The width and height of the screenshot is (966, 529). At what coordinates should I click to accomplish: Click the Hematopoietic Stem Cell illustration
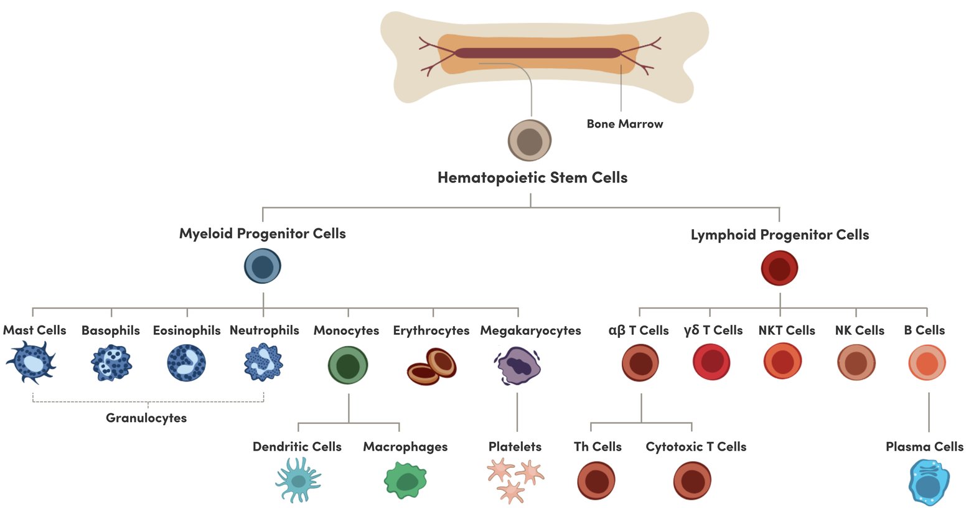(x=530, y=141)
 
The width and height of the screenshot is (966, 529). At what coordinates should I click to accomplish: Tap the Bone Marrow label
(x=624, y=124)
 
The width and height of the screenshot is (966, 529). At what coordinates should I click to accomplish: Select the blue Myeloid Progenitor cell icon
(x=263, y=266)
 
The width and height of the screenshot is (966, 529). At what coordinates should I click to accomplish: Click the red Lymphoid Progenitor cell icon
(x=779, y=268)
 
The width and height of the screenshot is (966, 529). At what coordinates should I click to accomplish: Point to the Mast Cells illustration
(x=31, y=362)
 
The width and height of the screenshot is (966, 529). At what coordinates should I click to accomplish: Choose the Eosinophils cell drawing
(x=187, y=362)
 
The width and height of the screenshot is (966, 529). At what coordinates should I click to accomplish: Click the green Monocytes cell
(x=348, y=365)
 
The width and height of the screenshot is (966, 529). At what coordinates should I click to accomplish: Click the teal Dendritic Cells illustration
(x=299, y=480)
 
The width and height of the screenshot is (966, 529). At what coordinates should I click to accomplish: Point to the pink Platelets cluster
(x=514, y=480)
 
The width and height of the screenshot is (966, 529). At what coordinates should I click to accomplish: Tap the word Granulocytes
(x=146, y=418)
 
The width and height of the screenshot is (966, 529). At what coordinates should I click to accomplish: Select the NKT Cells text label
(x=786, y=330)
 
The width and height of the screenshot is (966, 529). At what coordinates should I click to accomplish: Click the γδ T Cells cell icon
(x=711, y=362)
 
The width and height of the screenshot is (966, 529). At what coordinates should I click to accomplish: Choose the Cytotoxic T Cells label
(x=696, y=447)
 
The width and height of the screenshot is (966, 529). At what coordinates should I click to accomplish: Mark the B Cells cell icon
(x=927, y=362)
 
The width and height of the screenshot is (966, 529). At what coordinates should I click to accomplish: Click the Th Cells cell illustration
(x=596, y=480)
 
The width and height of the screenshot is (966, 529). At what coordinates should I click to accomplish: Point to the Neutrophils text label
(x=265, y=330)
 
